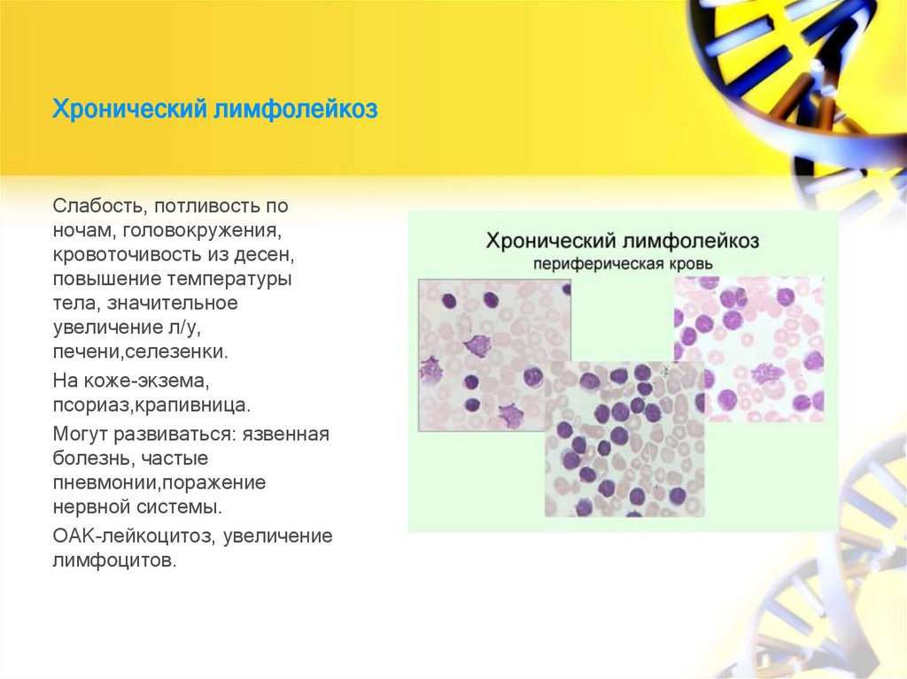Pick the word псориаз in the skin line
89,407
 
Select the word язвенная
288,435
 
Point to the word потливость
207,205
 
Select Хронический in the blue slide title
128,111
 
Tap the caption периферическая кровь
622,263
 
